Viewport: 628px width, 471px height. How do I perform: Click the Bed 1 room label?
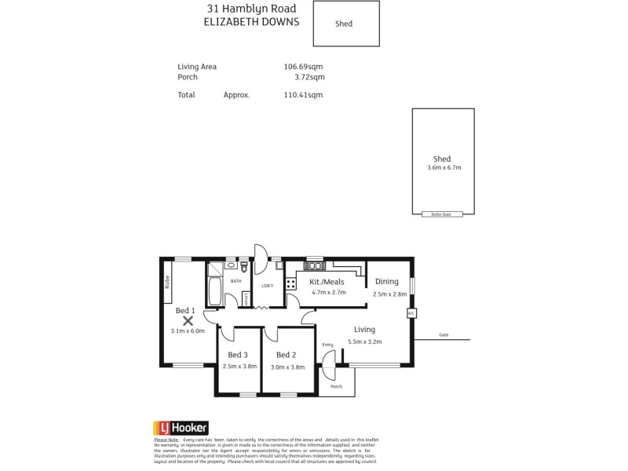pyautogui.click(x=184, y=311)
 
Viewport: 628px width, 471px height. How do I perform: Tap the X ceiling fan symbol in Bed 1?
pyautogui.click(x=188, y=320)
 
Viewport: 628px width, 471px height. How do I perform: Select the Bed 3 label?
pyautogui.click(x=239, y=355)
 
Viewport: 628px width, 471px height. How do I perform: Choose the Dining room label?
pyautogui.click(x=387, y=281)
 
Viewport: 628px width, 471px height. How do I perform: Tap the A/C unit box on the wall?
pyautogui.click(x=411, y=313)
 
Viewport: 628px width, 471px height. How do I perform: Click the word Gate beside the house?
pyautogui.click(x=444, y=335)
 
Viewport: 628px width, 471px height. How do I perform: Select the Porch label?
pyautogui.click(x=336, y=387)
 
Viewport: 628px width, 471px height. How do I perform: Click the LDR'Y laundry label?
pyautogui.click(x=267, y=285)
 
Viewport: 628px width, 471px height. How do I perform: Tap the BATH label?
pyautogui.click(x=235, y=280)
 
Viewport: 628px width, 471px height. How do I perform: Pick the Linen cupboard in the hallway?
pyautogui.click(x=246, y=298)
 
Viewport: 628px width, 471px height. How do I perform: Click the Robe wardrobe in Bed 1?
pyautogui.click(x=167, y=281)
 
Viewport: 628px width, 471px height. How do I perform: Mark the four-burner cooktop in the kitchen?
pyautogui.click(x=290, y=284)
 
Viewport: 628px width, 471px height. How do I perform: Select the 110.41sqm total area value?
pyautogui.click(x=303, y=95)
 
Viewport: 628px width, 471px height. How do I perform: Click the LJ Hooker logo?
pyautogui.click(x=180, y=428)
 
